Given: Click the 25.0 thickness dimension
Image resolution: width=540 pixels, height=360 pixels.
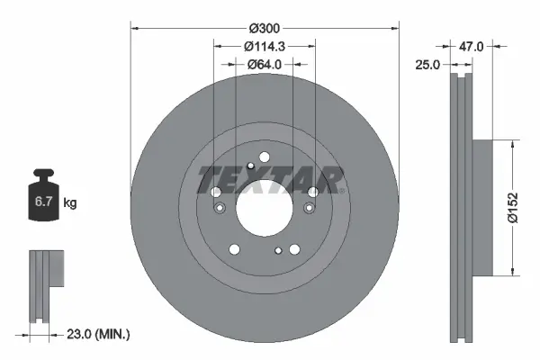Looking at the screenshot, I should point(427,65).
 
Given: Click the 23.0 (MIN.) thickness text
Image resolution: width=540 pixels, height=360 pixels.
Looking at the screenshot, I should point(100,335).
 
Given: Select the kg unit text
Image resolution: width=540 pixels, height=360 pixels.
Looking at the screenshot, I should point(70,203).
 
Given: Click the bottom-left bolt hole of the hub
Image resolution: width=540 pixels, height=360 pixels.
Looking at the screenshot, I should point(234,249).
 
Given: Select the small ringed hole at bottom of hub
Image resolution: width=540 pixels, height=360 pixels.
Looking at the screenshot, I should point(278,250).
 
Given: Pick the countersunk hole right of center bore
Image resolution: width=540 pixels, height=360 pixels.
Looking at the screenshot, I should point(310,209).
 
